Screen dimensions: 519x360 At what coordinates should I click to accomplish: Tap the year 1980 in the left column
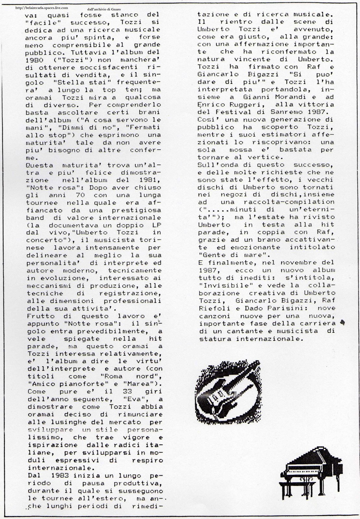click(36, 59)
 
